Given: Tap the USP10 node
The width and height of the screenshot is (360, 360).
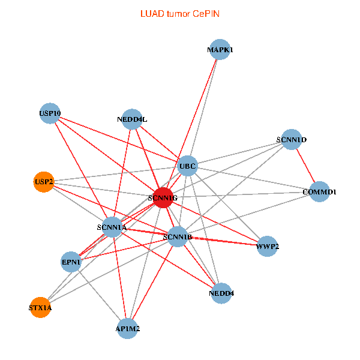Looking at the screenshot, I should (50, 113).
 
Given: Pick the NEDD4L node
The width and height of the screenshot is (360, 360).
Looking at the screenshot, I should (132, 119).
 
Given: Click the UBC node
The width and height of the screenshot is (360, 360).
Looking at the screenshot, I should (188, 166).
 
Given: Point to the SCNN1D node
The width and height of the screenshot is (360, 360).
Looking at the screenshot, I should (292, 140).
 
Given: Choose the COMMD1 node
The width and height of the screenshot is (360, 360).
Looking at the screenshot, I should (319, 192).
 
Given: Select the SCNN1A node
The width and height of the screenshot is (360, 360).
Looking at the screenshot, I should (112, 227).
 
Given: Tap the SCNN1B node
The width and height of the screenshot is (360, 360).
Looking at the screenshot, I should (178, 237).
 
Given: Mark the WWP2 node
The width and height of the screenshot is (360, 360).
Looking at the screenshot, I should (268, 246).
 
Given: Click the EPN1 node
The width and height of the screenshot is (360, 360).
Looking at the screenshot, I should (71, 262).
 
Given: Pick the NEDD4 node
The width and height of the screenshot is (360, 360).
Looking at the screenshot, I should (221, 293).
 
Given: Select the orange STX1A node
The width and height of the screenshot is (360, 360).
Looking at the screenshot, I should (40, 308).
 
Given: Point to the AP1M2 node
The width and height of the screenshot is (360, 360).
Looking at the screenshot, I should (128, 329).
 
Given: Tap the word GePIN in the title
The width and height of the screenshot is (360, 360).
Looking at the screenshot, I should (206, 13).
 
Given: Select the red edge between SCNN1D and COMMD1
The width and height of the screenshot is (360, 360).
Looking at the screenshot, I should (305, 166).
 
